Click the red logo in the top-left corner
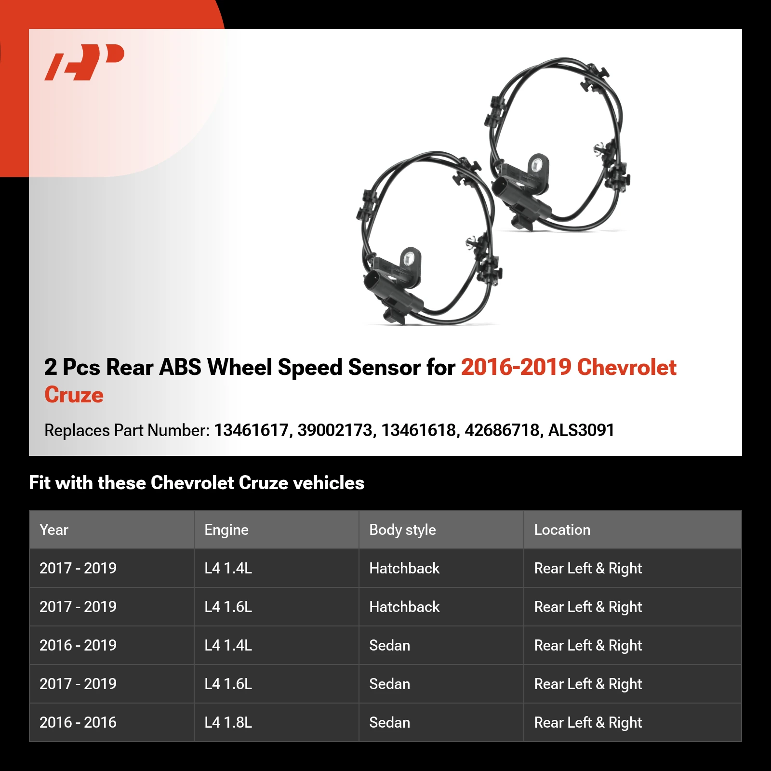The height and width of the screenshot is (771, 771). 85,62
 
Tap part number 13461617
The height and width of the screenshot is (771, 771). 251,430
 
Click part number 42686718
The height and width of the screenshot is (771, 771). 502,430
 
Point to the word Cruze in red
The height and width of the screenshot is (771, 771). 74,395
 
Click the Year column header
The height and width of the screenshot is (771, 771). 54,530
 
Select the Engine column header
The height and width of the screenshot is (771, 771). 226,530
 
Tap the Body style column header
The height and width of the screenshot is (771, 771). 402,530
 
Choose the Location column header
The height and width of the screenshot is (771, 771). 562,530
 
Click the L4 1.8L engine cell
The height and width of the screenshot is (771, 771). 228,722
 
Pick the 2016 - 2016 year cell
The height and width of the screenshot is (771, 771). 78,722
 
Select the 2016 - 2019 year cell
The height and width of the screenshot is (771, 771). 78,645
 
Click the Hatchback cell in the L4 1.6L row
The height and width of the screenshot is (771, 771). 404,607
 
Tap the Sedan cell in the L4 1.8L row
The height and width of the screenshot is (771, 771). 389,722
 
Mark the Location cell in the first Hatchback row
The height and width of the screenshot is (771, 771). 588,568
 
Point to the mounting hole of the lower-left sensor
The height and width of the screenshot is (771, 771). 409,259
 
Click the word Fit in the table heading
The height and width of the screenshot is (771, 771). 40,483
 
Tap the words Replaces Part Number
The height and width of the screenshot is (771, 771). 127,430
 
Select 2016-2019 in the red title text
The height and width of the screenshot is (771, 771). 516,367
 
